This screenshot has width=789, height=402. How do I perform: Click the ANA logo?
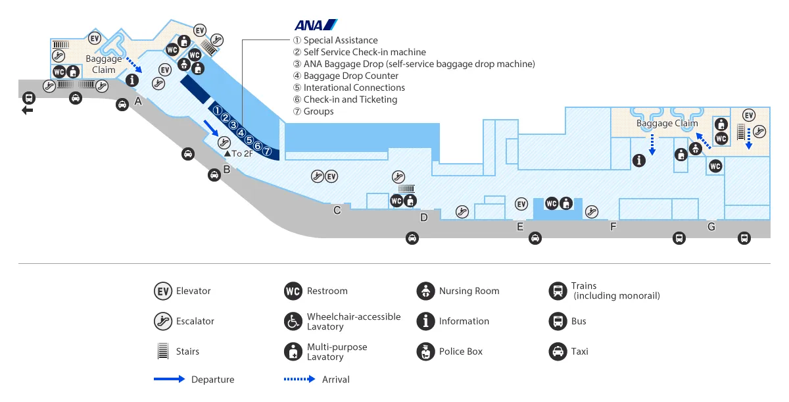tap(316, 25)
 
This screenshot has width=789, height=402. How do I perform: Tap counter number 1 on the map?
tap(217, 109)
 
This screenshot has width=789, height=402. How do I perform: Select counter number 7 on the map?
tap(267, 151)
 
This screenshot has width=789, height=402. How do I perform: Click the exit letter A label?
tap(138, 101)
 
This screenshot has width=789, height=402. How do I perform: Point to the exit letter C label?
tap(337, 211)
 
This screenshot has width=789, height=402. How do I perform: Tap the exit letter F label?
tap(613, 227)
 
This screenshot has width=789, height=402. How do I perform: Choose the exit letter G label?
tap(711, 227)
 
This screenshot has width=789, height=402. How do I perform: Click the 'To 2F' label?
tap(239, 153)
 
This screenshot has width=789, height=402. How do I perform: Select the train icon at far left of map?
tap(28, 98)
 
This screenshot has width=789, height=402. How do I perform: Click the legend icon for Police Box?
tap(426, 351)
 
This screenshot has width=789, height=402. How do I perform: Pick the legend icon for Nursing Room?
tap(426, 291)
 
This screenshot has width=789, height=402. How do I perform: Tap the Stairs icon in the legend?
tap(163, 351)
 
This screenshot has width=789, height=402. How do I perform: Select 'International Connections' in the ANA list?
tap(354, 88)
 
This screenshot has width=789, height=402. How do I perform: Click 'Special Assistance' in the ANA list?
tap(340, 40)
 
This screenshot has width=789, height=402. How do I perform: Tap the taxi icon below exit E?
tap(535, 238)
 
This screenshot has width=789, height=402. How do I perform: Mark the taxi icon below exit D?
tap(412, 238)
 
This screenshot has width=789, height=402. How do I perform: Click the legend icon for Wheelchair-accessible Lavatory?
tap(293, 321)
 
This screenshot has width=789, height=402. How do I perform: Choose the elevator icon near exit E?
tap(522, 204)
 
